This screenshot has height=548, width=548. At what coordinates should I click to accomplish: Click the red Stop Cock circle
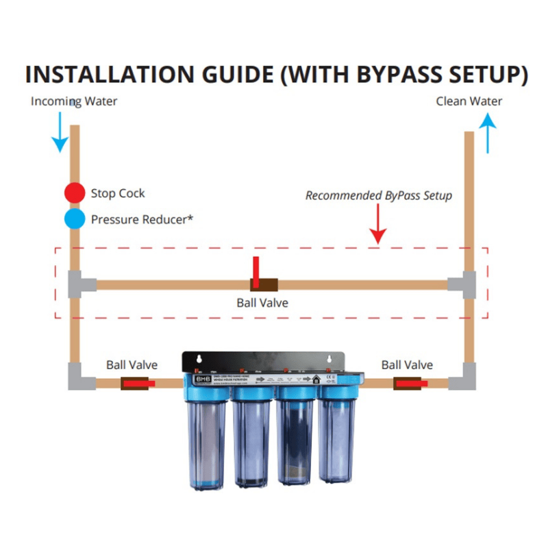[x=75, y=193]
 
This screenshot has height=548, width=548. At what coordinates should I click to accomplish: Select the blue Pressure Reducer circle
[x=75, y=219]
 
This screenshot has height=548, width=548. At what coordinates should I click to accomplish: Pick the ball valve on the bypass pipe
[x=263, y=283]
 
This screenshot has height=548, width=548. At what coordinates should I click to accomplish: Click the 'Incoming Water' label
[x=74, y=101]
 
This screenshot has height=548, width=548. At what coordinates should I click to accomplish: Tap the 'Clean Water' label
[x=469, y=101]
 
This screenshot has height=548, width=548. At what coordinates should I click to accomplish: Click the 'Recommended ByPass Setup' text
[x=378, y=196]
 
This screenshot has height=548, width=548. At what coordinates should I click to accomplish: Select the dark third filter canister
[x=296, y=438]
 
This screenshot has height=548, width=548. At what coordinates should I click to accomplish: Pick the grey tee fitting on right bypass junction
[x=463, y=284]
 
